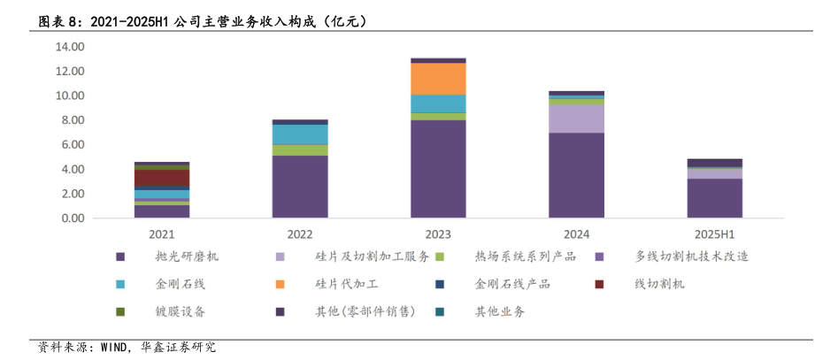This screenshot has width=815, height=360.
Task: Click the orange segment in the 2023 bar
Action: click(x=438, y=79)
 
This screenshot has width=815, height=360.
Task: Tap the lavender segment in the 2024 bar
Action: click(x=576, y=119)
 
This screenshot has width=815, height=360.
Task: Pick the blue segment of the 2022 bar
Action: click(x=300, y=134)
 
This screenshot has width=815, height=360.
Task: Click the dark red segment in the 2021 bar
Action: click(x=162, y=178)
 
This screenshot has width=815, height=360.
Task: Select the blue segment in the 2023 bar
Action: click(x=438, y=103)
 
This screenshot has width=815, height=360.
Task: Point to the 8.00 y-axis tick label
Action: click(x=73, y=119)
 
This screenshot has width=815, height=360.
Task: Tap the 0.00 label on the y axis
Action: click(x=73, y=218)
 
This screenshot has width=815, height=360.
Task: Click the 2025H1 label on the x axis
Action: click(x=714, y=234)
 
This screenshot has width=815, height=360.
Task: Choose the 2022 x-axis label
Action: click(x=300, y=234)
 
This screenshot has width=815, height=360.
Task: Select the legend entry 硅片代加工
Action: click(x=346, y=284)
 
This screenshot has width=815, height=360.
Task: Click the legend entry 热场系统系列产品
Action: click(x=525, y=257)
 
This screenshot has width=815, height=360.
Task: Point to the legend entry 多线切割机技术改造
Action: click(x=691, y=257)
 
